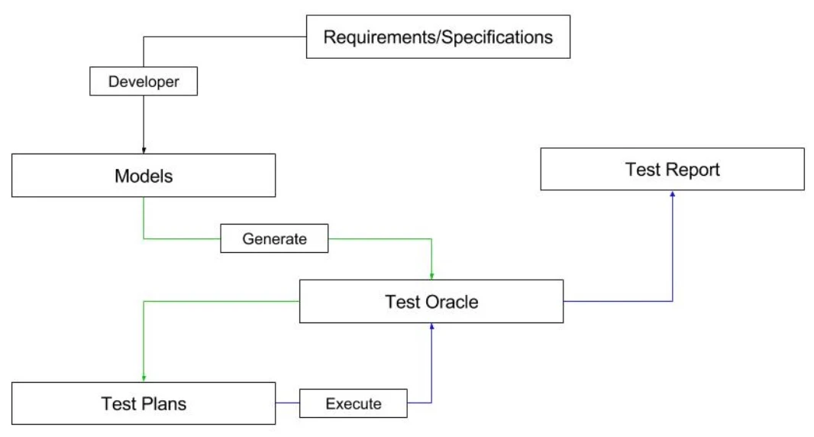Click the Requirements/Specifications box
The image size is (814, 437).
[438, 37]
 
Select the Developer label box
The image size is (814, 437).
[144, 82]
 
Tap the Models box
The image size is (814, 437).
[144, 176]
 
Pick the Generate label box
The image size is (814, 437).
[274, 238]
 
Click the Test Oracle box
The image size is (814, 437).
[431, 302]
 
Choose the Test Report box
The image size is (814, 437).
[672, 169]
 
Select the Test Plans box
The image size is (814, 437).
[144, 403]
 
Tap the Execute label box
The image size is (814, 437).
[353, 403]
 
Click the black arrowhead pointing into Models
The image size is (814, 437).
[144, 150]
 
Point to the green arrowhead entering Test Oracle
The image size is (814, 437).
[432, 276]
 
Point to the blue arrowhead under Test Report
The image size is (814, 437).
[672, 194]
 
